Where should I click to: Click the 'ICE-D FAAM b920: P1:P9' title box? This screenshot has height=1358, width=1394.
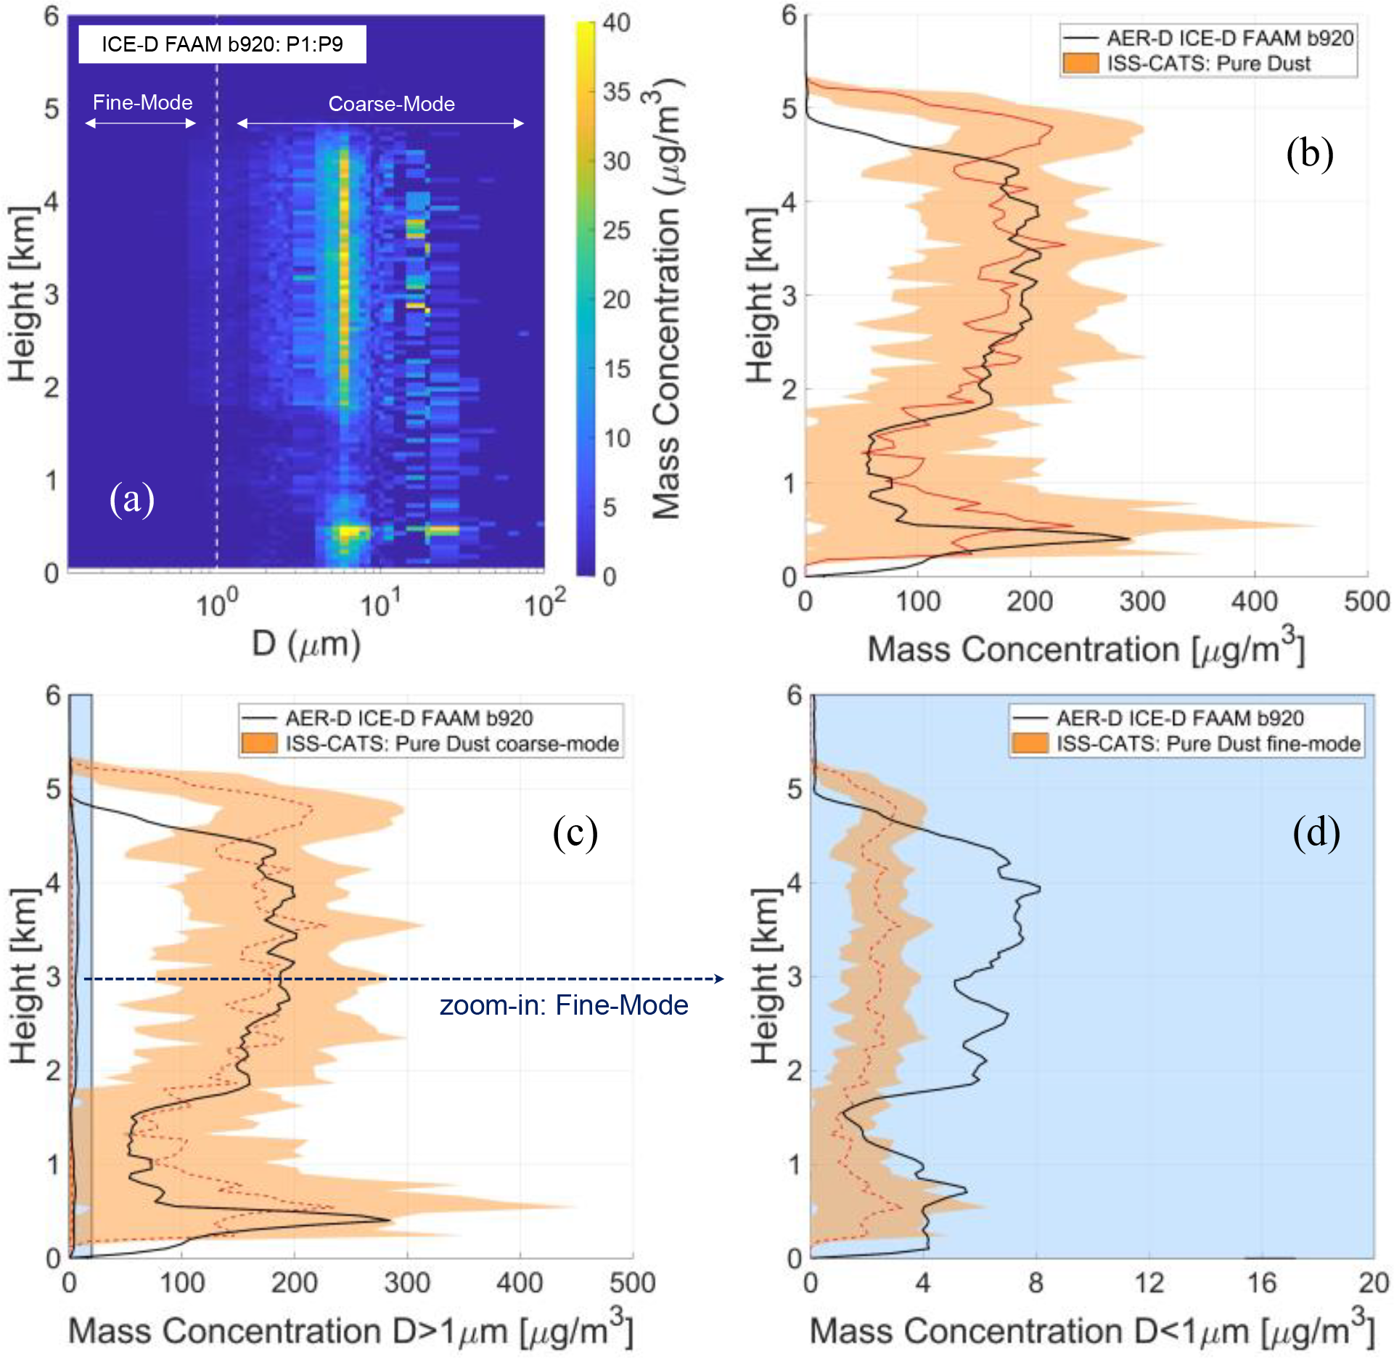(x=222, y=44)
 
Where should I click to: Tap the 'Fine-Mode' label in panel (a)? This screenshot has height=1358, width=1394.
(x=142, y=102)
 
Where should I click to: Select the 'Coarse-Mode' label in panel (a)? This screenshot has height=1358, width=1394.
(x=391, y=104)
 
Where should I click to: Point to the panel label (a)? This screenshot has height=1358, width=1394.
(x=131, y=499)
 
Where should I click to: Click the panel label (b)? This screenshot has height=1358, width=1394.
(x=1309, y=153)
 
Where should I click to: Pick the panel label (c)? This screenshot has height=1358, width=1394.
(x=575, y=832)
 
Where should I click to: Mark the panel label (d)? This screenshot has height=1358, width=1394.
(x=1316, y=832)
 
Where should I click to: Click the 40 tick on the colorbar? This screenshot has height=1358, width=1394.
(x=616, y=23)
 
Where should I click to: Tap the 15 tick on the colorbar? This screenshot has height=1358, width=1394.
(x=616, y=369)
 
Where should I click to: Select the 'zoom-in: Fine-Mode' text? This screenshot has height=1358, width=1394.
(x=564, y=1005)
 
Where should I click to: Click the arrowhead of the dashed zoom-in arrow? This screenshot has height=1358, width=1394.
(x=719, y=978)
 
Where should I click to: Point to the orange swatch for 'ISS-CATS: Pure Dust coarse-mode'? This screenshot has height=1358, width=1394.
(x=259, y=743)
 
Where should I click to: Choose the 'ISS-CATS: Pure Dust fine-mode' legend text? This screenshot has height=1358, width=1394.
(x=1208, y=743)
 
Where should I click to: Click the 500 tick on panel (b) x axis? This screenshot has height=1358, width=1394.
(x=1366, y=602)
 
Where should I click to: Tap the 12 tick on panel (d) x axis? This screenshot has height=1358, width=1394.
(x=1149, y=1283)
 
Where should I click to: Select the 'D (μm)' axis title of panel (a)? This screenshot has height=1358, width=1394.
(x=306, y=644)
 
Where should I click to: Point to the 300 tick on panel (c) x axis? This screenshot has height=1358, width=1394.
(x=407, y=1283)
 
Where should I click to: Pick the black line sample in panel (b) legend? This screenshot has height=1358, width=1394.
(x=1081, y=38)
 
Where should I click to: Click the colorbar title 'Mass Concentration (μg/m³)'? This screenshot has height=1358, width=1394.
(x=666, y=298)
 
